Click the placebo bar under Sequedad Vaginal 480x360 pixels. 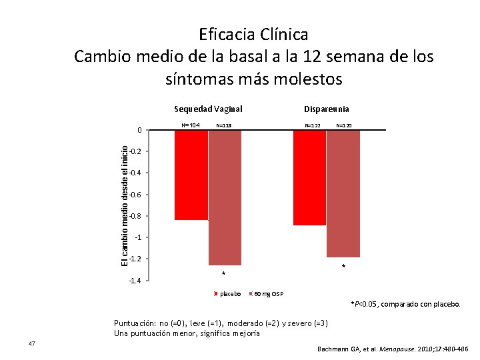(191, 175)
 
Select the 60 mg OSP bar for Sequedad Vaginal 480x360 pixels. (225, 197)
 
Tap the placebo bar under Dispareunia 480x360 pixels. (309, 177)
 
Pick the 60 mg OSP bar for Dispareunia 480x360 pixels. (343, 193)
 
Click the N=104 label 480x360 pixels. (191, 125)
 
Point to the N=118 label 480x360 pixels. (224, 125)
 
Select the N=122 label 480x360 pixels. (313, 125)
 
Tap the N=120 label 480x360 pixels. (344, 125)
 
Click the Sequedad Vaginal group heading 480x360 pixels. (208, 109)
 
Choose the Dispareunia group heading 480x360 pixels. (327, 109)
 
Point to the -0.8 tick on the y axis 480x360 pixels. (135, 216)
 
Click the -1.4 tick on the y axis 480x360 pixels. (135, 281)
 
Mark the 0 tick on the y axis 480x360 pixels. (139, 130)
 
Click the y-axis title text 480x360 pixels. (124, 205)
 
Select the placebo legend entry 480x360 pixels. (229, 294)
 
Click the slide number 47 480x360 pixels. (31, 343)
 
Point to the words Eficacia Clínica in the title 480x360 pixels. (253, 33)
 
